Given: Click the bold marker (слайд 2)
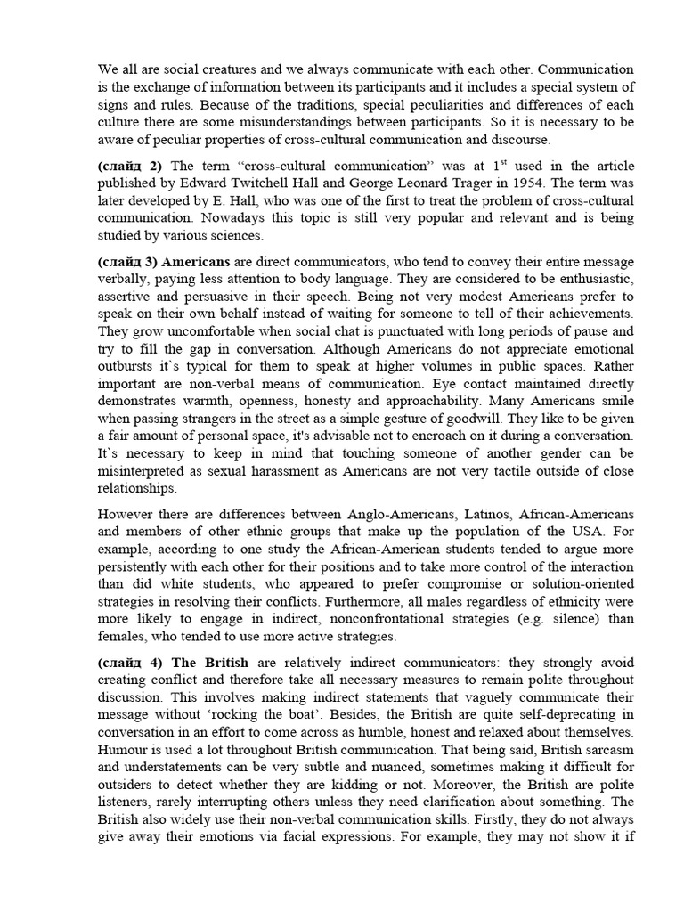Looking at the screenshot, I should point(130,166).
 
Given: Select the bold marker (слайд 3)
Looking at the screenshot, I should point(130,262).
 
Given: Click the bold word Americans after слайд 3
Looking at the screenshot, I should point(198,262).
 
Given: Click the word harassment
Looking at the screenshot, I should point(318,470).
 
